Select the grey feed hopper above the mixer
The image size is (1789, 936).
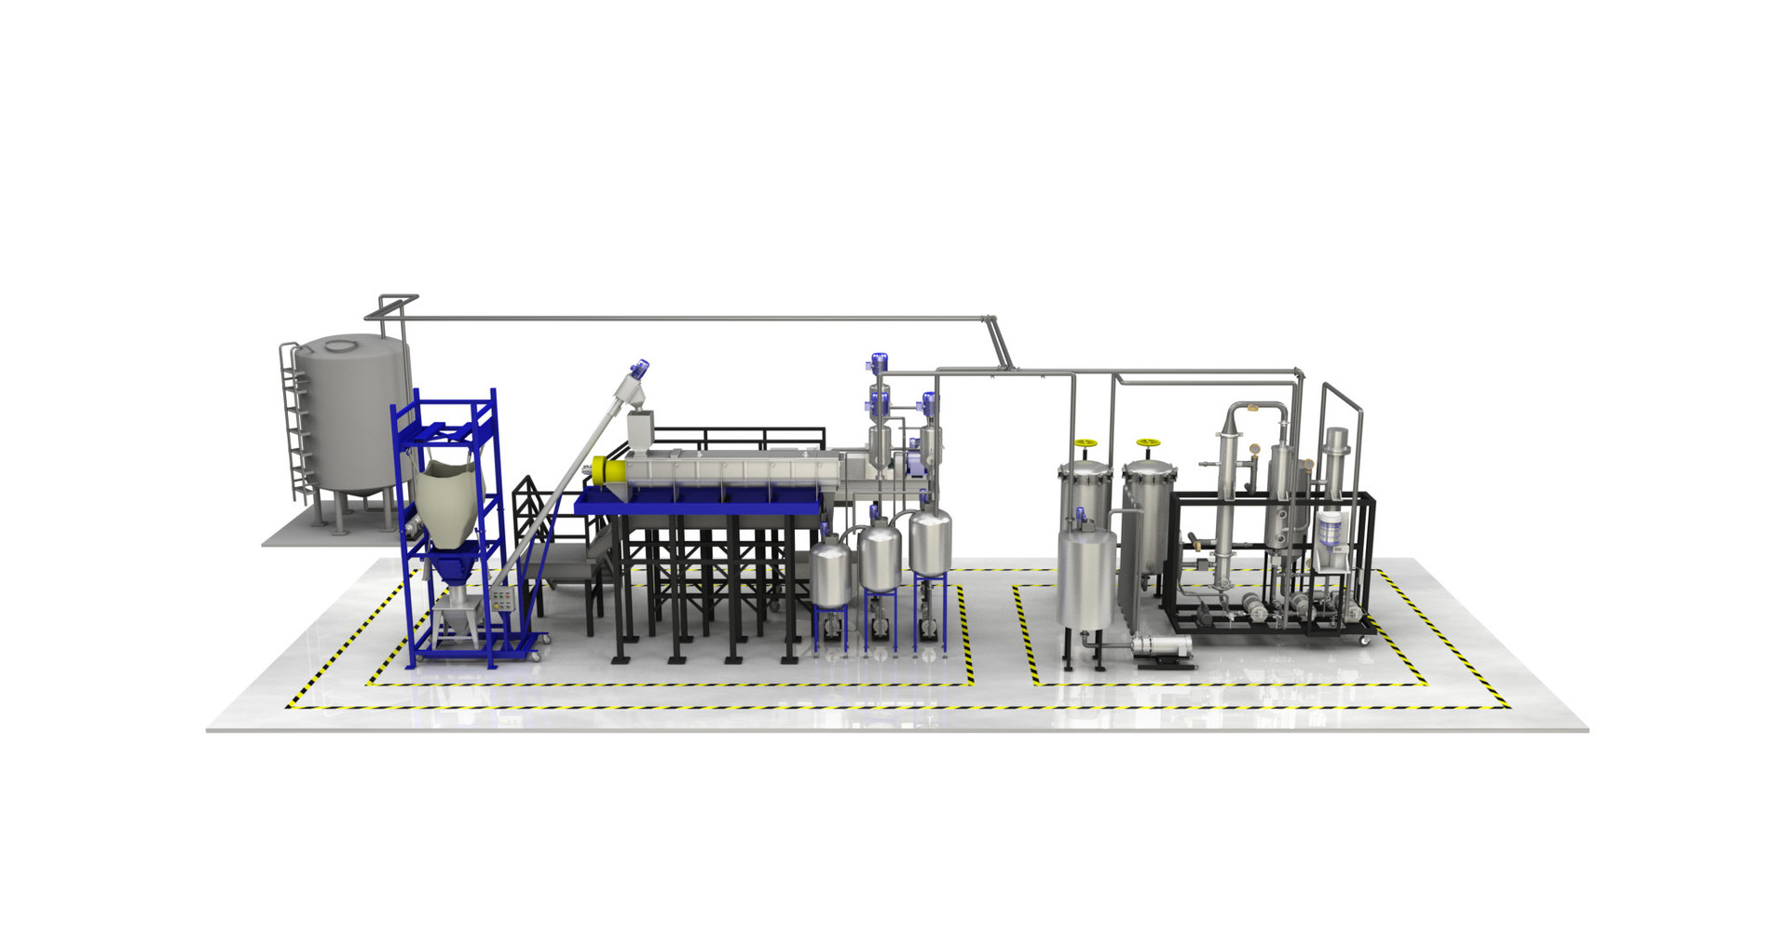coord(641,432)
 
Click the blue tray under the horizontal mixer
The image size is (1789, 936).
coord(699,504)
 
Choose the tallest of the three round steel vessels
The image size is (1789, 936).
coord(929,540)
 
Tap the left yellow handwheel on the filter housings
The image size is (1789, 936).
coord(1084,444)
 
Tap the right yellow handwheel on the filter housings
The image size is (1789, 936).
coord(1146,443)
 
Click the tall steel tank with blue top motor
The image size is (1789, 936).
coord(1086,577)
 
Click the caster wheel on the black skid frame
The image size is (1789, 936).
coord(1365,641)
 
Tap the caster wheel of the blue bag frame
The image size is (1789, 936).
coord(535,657)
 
